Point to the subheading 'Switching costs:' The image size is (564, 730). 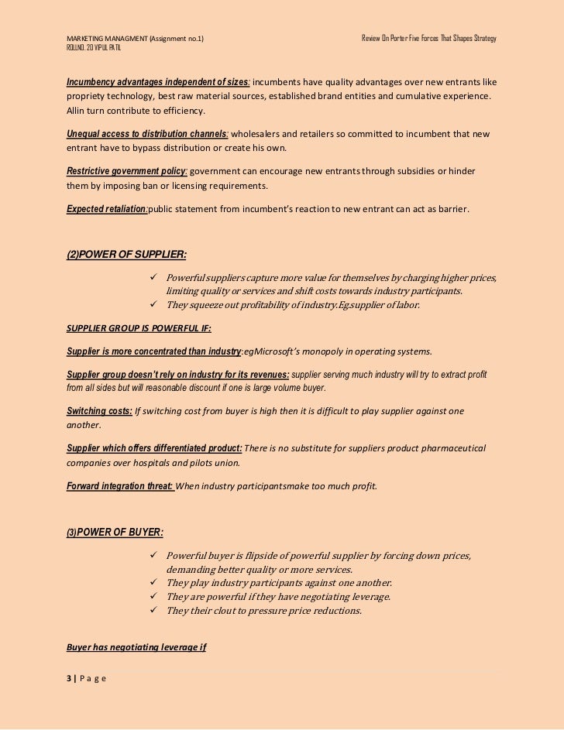pos(100,410)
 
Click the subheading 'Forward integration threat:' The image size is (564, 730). pos(119,486)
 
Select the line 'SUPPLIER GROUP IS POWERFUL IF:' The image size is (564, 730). pos(132,326)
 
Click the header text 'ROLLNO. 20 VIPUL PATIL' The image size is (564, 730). pos(95,49)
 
